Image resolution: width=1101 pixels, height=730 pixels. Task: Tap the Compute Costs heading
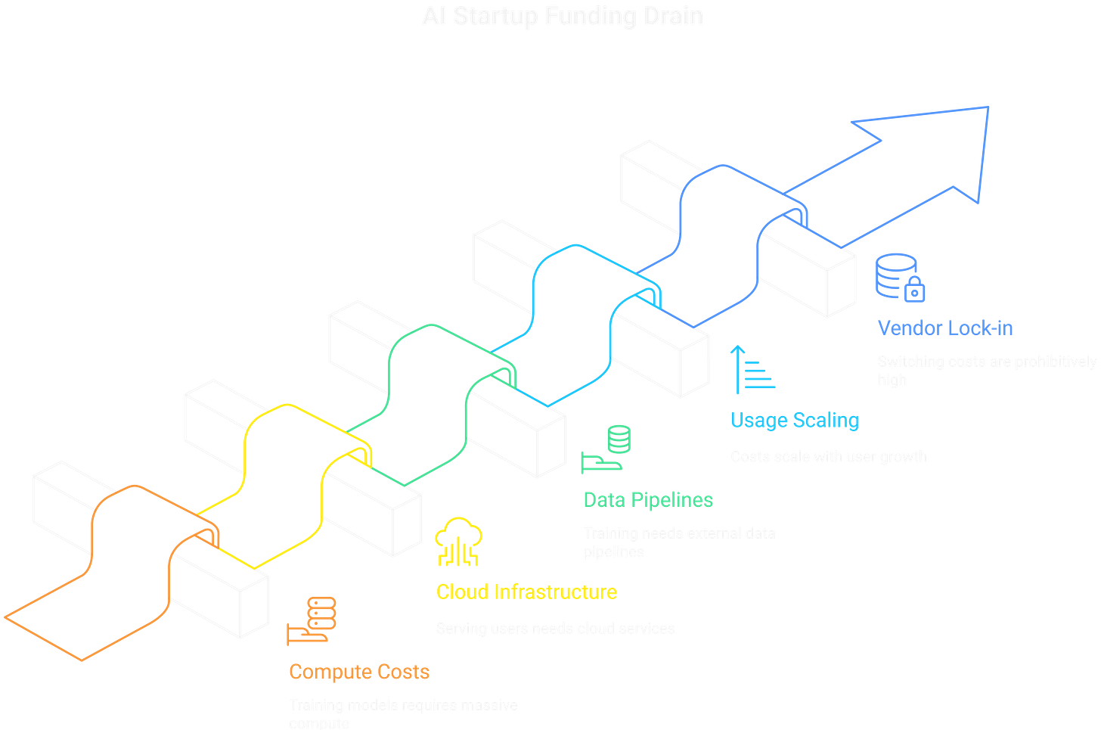coord(358,671)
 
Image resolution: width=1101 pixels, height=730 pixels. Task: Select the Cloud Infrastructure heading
coord(526,592)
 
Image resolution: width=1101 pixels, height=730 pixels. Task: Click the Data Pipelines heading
coord(648,500)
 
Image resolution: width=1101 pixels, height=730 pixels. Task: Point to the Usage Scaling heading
coord(794,420)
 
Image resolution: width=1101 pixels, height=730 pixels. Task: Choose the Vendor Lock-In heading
coord(944,328)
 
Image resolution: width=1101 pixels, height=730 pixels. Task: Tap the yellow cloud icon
coord(458,542)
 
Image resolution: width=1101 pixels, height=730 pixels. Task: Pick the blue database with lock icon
coord(900,277)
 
